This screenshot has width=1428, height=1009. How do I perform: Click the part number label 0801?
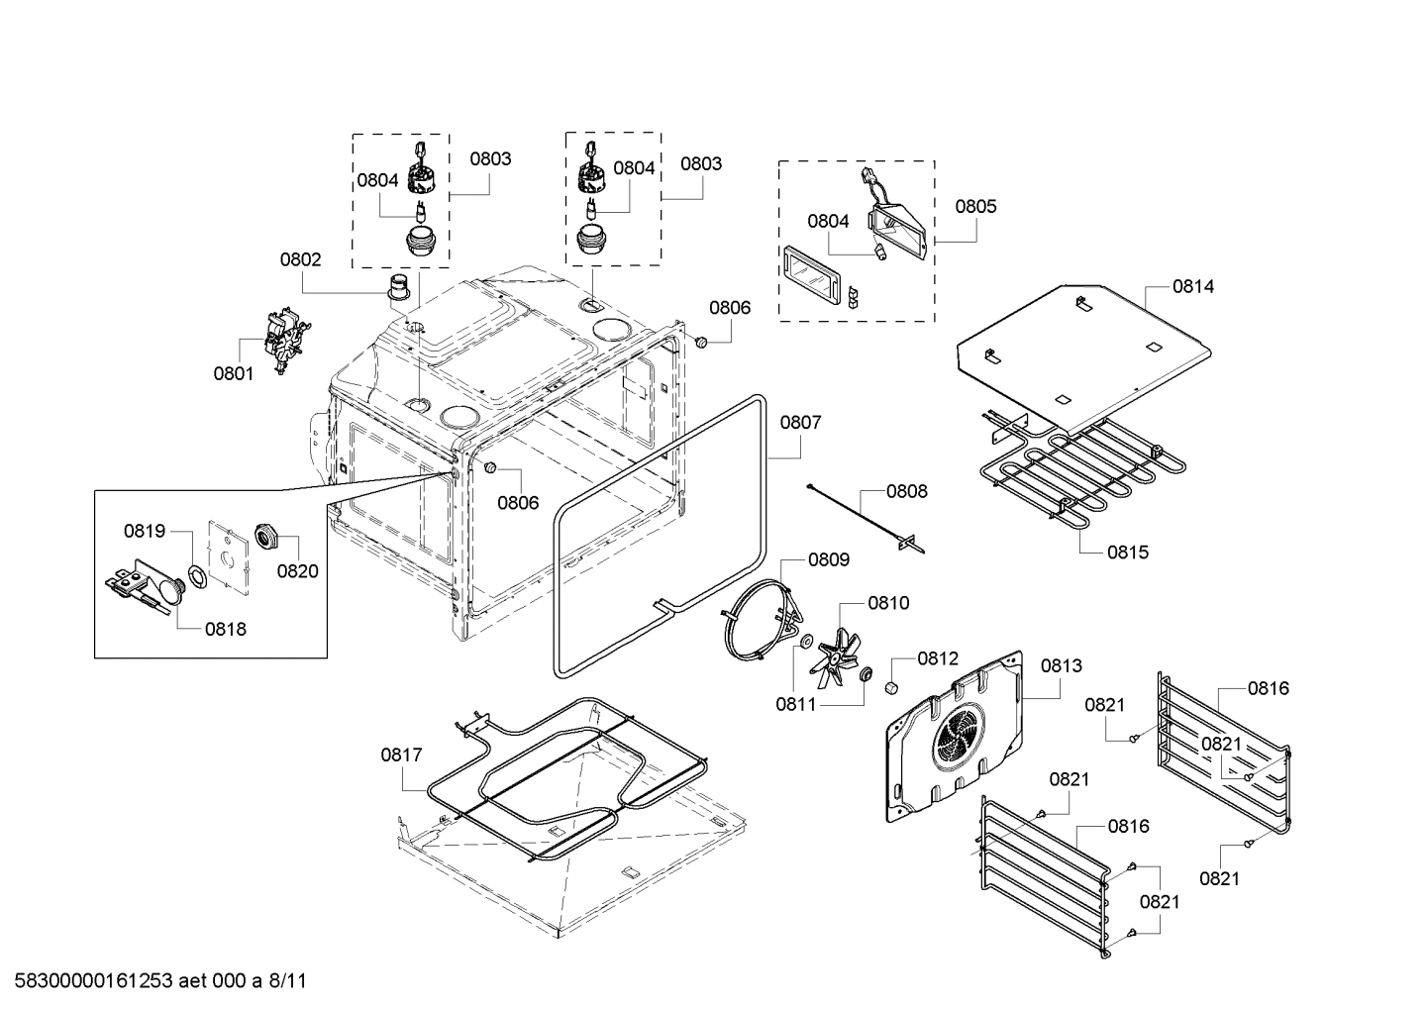234,373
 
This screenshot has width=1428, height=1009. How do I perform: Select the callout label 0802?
300,259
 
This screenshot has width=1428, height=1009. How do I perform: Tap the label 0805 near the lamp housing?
975,206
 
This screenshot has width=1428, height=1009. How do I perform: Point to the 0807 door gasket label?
800,422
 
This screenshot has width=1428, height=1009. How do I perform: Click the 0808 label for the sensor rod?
906,490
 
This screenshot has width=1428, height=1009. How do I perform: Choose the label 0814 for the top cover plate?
1193,286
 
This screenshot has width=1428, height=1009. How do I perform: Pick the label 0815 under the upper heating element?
1128,552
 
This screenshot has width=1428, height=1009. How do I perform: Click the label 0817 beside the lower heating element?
401,755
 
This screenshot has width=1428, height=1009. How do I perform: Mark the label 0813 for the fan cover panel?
1061,665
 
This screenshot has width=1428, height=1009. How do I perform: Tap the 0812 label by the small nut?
937,657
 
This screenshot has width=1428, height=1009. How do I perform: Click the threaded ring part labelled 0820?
265,536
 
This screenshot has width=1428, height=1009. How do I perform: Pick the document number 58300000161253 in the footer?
92,981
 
